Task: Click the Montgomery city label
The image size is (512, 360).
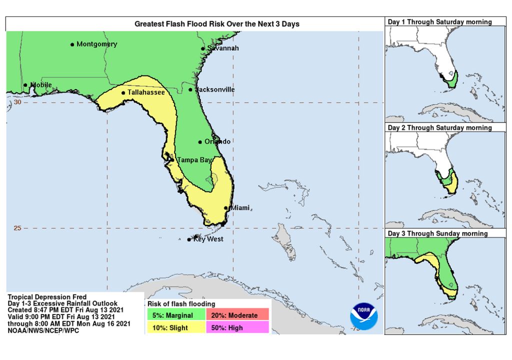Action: (96, 44)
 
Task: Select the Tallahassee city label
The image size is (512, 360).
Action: (146, 92)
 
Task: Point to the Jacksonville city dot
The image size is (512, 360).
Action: (190, 90)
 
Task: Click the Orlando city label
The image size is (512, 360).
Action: (217, 141)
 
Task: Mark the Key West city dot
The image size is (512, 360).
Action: (188, 240)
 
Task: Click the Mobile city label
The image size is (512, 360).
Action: (41, 84)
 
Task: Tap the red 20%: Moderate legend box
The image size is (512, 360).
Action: (240, 315)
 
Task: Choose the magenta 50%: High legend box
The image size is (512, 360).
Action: (240, 327)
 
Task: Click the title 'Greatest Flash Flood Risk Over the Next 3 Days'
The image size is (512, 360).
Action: (217, 24)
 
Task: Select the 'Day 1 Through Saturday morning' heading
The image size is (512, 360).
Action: (440, 22)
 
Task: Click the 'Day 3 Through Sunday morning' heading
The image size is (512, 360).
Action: (438, 233)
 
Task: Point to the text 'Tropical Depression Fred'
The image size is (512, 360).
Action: (47, 297)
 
